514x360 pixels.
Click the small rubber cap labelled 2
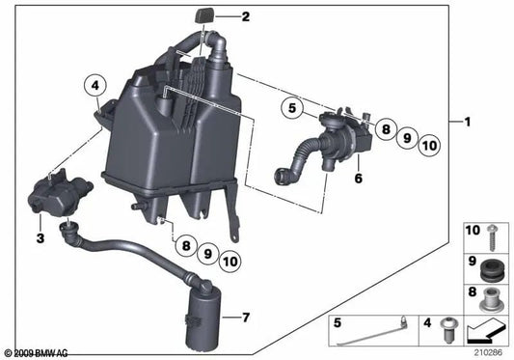pos(204,16)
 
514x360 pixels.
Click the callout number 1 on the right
pos(468,122)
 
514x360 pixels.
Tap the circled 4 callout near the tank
pos(95,86)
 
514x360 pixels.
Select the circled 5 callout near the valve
pos(292,108)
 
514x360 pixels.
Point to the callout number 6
pos(359,179)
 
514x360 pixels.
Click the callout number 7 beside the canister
pos(246,318)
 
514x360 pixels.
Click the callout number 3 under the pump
pos(41,238)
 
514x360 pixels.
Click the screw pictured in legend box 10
pos(492,237)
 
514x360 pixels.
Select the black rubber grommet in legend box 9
pos(491,269)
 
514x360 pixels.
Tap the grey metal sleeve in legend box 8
pos(491,299)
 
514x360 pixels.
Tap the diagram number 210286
pos(488,353)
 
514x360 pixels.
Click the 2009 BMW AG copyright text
pos(37,353)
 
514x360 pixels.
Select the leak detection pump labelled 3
pos(61,192)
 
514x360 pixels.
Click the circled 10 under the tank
pos(230,262)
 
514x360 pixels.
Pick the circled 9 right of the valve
pos(407,138)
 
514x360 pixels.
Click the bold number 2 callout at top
pos(246,16)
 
